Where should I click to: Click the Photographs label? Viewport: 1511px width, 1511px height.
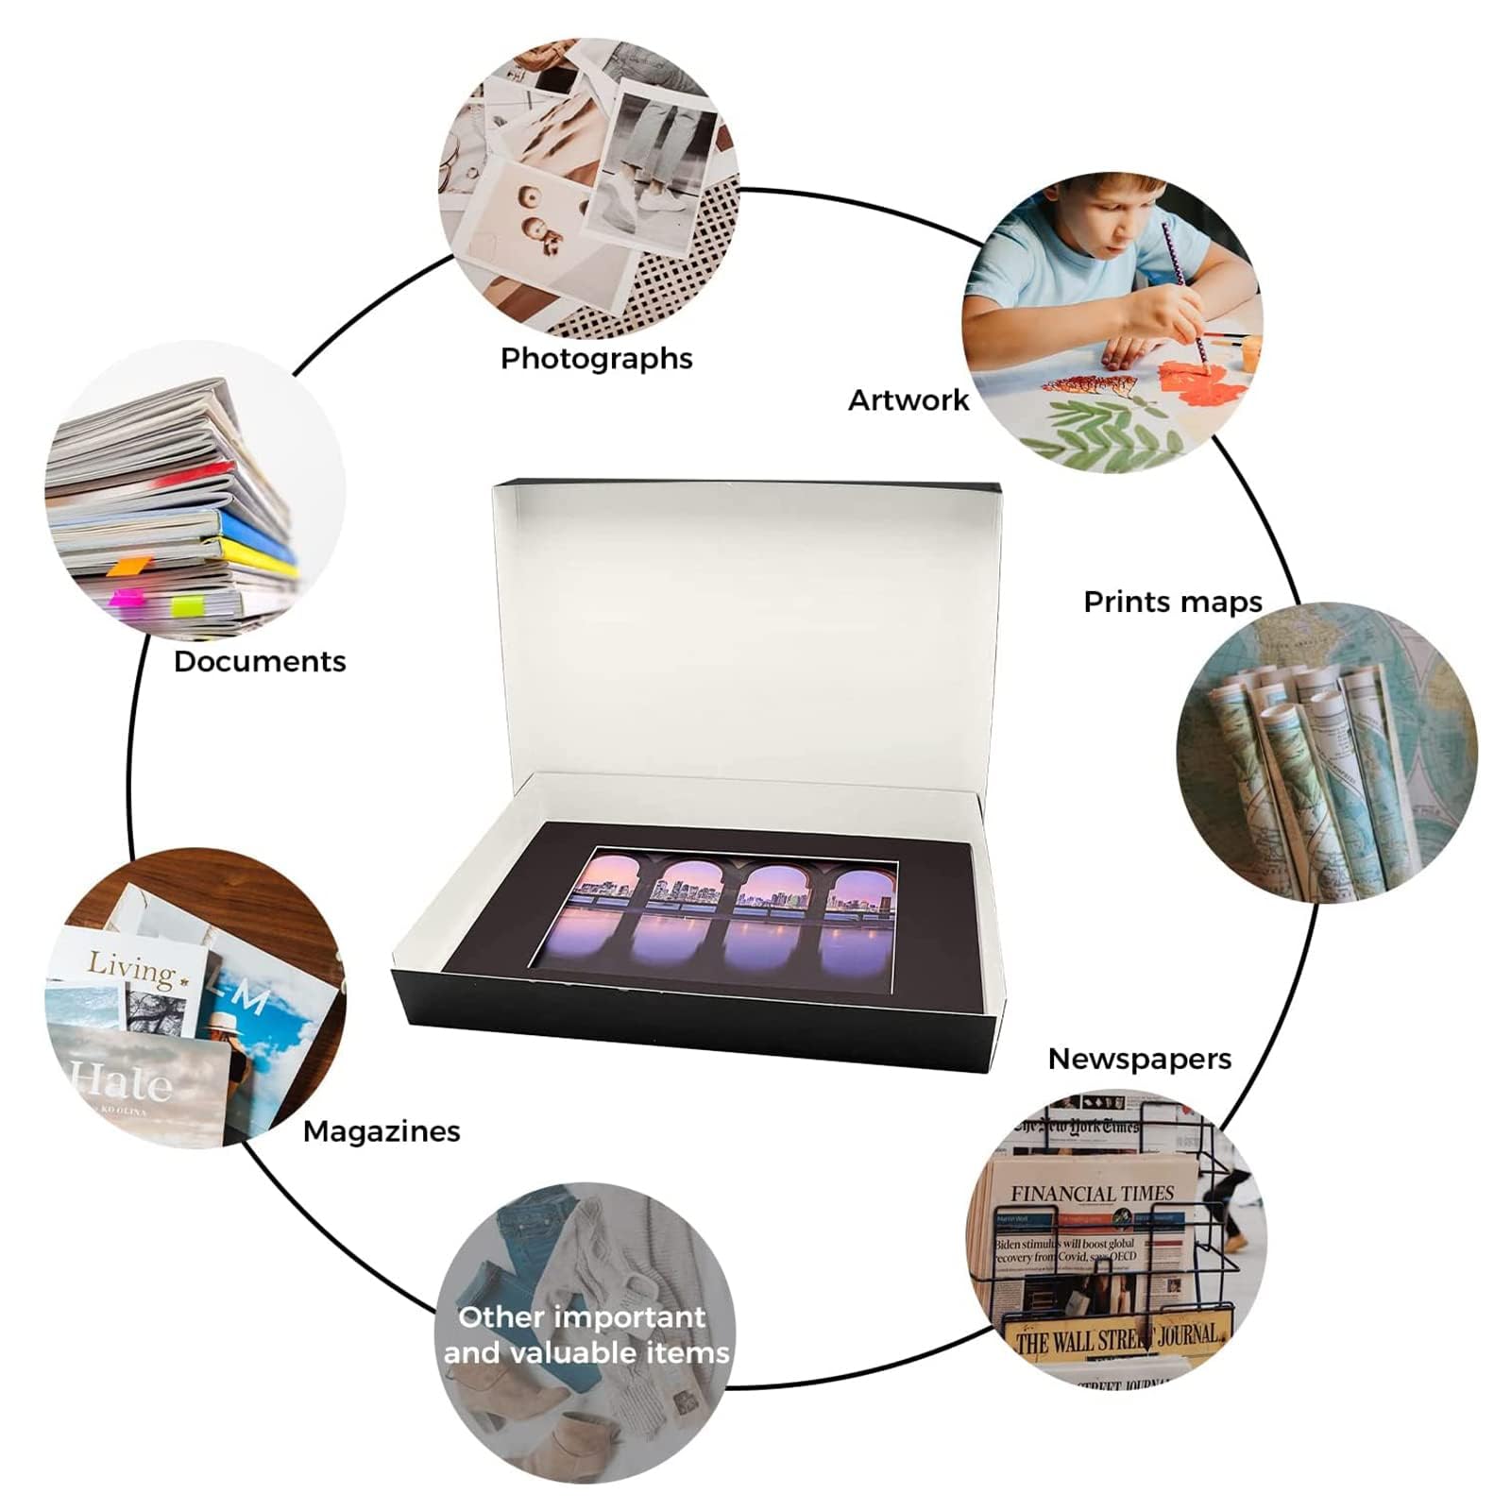596,359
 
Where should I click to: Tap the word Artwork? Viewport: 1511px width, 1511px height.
908,400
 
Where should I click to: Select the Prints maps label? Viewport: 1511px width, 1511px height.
1172,603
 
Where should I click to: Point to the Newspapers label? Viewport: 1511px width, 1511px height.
1139,1060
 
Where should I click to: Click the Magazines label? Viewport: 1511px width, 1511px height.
382,1131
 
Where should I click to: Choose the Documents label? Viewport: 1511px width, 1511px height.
260,661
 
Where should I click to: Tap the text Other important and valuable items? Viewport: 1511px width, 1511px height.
586,1334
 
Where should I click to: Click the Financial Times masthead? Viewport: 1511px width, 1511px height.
1092,1194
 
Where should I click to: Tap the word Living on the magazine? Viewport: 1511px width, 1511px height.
132,969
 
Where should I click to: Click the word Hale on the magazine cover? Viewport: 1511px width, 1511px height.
123,1081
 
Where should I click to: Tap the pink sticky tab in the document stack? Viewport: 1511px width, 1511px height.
125,599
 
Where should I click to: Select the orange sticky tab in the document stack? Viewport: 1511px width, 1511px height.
127,567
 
